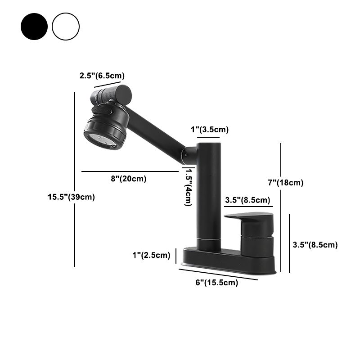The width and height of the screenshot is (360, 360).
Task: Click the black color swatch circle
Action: [x=34, y=27]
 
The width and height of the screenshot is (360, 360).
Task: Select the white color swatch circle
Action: [x=66, y=27]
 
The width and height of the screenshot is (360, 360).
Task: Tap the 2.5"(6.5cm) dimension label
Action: [x=102, y=76]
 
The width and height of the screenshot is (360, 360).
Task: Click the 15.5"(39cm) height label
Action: [x=71, y=197]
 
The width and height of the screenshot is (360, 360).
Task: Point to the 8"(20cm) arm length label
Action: [x=129, y=179]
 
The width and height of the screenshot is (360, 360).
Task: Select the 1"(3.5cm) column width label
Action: [x=210, y=130]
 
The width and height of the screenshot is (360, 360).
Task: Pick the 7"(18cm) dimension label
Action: [x=286, y=183]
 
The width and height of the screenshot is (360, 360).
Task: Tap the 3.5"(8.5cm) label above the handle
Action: [x=247, y=200]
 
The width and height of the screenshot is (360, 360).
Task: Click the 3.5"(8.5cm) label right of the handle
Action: [x=315, y=245]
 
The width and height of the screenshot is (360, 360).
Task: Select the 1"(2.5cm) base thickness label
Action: [x=151, y=256]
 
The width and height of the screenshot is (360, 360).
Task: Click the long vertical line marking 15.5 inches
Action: [x=75, y=180]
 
